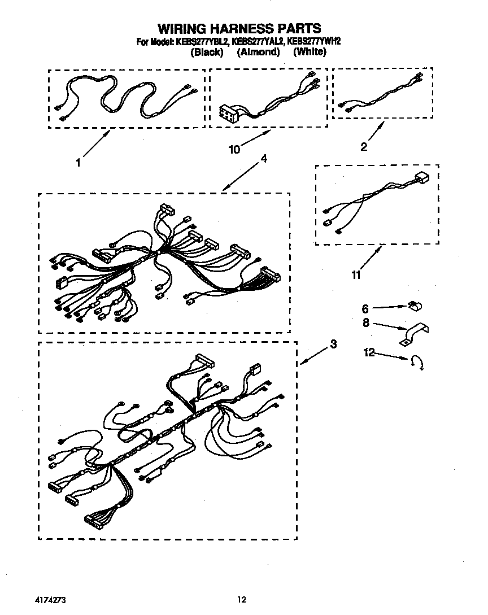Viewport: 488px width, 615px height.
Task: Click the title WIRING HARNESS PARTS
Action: (239, 28)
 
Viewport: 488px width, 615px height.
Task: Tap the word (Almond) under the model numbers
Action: (258, 52)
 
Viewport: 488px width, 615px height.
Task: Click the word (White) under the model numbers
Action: (310, 52)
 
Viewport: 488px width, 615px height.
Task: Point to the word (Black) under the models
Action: (207, 52)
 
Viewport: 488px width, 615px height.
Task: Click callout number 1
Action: (78, 163)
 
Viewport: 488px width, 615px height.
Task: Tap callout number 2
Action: (364, 147)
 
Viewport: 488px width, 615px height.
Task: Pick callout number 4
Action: (263, 159)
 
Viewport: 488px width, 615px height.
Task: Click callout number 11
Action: (356, 275)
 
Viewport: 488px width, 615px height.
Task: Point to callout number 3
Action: (334, 344)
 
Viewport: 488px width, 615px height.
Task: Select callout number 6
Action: (365, 309)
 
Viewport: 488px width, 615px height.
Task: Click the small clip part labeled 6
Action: (416, 307)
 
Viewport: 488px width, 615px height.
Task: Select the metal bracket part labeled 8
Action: (413, 334)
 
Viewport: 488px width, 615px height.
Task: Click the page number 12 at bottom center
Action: (242, 599)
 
